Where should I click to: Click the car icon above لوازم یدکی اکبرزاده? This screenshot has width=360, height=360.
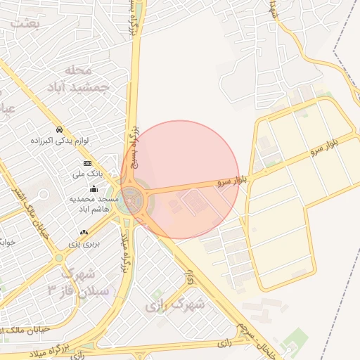click(x=61, y=130)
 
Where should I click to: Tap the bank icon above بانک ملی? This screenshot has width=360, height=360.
click(x=87, y=163)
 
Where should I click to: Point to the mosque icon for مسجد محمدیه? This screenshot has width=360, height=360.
click(x=93, y=188)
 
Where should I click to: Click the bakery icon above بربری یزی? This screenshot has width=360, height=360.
click(x=84, y=233)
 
